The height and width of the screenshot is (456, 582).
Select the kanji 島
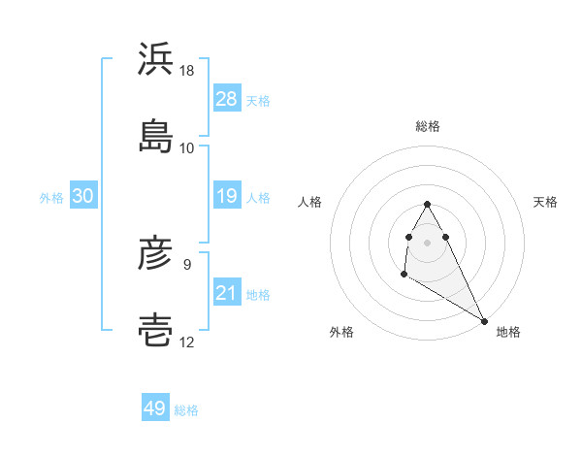click(156, 135)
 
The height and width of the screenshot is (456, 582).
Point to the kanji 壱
click(156, 330)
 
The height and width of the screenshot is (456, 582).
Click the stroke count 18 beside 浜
click(187, 71)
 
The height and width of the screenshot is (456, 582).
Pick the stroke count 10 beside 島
click(187, 147)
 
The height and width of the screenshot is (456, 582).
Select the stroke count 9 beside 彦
click(187, 263)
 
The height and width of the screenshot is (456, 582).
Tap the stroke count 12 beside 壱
click(187, 342)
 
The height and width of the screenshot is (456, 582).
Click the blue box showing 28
click(227, 99)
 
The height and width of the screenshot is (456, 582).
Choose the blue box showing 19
click(227, 196)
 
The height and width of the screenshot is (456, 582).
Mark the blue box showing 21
click(227, 293)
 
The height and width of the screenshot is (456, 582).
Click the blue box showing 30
click(83, 196)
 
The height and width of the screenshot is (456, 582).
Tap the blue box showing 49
click(155, 408)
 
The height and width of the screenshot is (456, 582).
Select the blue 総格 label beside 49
click(186, 410)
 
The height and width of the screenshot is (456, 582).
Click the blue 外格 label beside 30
click(51, 197)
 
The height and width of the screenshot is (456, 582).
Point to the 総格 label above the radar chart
click(428, 126)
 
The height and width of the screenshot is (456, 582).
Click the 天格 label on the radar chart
click(546, 202)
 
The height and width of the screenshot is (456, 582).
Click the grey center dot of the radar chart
click(427, 242)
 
